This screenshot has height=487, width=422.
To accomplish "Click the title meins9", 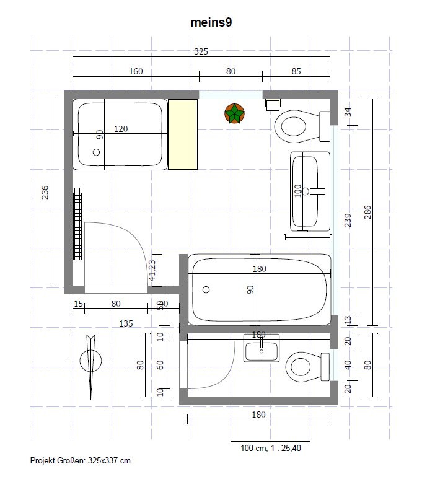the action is tap(211, 22).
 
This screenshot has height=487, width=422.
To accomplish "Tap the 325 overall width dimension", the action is tap(201, 51).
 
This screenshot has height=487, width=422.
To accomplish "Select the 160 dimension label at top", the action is tap(136, 71).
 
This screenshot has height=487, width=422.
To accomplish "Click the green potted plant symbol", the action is tap(234, 113).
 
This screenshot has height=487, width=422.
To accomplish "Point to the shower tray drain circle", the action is tap(96, 152).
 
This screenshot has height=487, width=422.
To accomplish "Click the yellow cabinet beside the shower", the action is tap(183, 134).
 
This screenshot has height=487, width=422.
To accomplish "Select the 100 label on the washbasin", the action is tap(298, 191).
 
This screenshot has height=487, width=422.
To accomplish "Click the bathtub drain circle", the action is tap(206, 290).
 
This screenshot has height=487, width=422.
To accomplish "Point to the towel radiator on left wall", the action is tap(77, 224).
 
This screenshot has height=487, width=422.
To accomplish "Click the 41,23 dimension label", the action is tap(152, 270).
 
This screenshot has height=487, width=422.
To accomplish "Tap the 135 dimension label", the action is tap(126, 323).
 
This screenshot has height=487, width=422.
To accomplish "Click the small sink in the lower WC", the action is tap(262, 348).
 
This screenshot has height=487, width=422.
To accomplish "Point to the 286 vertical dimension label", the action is tap(367, 212).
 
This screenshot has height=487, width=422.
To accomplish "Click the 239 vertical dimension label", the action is tap(348, 220).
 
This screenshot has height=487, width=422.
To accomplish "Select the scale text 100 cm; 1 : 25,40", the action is tap(271, 448).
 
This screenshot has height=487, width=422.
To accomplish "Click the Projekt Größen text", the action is tap(80, 460).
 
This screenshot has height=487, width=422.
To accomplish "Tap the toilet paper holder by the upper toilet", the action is tap(273, 104).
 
